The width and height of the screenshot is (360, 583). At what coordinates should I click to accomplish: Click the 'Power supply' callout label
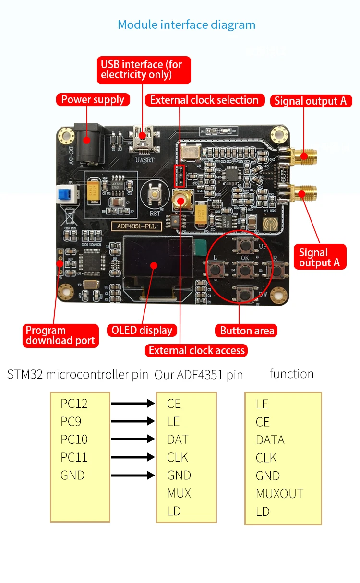pyautogui.click(x=93, y=100)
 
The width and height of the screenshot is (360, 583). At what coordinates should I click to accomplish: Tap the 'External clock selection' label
pyautogui.click(x=204, y=100)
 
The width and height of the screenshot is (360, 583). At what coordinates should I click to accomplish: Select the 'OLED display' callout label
pyautogui.click(x=142, y=330)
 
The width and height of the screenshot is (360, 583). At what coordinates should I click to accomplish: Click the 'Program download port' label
pyautogui.click(x=60, y=335)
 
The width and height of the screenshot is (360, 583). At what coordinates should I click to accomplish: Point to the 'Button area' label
pyautogui.click(x=247, y=331)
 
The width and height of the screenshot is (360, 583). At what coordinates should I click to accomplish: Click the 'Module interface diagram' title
pyautogui.click(x=186, y=25)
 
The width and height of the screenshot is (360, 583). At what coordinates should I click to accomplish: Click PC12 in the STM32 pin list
pyautogui.click(x=74, y=404)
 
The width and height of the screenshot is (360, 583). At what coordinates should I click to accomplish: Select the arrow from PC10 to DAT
pyautogui.click(x=132, y=439)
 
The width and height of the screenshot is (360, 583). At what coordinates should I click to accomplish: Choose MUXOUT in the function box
pyautogui.click(x=279, y=494)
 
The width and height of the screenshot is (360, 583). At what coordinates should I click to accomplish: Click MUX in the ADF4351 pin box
pyautogui.click(x=179, y=493)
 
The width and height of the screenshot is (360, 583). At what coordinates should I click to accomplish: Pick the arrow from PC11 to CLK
pyautogui.click(x=132, y=457)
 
